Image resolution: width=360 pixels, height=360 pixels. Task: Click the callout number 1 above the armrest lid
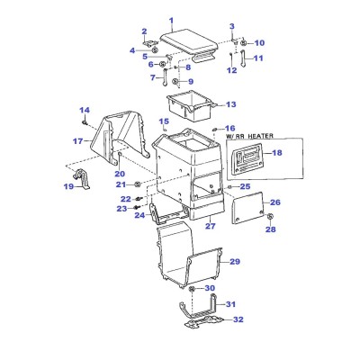click(171, 21)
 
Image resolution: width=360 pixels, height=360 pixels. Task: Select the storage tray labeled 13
click(191, 105)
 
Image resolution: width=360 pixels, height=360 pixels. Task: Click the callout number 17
click(78, 140)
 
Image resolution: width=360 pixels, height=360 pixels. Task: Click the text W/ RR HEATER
click(249, 136)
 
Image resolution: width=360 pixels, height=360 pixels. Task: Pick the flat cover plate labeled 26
click(247, 208)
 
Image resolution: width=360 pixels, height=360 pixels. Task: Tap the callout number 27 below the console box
click(211, 226)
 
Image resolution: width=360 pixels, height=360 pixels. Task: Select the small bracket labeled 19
click(81, 179)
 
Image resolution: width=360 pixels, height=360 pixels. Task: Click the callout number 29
click(235, 262)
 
